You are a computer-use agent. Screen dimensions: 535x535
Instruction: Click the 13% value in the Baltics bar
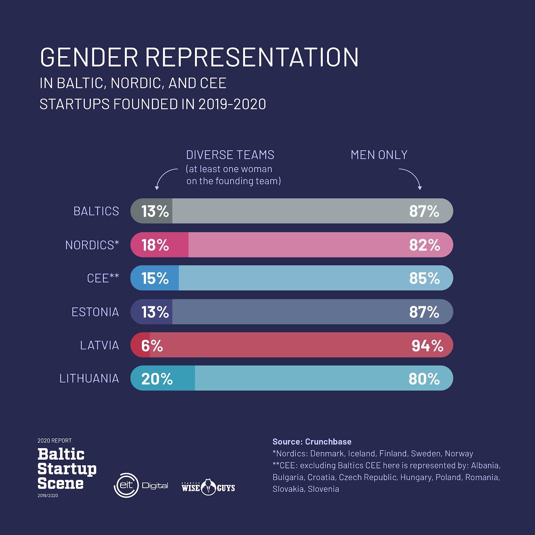[x=155, y=211]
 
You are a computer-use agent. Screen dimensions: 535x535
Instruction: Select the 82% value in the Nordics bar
[x=424, y=245]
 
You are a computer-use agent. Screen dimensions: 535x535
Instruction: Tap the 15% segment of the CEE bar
[x=155, y=278]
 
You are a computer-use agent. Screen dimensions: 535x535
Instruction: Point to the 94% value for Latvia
[x=427, y=346]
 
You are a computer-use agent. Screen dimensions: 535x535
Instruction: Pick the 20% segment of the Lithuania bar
[x=162, y=379]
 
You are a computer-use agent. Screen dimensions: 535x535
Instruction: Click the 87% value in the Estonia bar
[x=424, y=312]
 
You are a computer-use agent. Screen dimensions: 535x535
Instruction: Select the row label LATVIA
[x=99, y=345]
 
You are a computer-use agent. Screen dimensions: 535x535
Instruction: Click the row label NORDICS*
[x=92, y=245]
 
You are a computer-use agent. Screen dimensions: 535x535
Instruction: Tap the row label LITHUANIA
[x=89, y=379]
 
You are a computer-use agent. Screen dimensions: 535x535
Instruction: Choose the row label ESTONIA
[x=95, y=312]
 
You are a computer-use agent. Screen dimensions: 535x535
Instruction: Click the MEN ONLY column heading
[x=379, y=155]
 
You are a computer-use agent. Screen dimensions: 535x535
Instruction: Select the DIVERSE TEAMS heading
[x=230, y=155]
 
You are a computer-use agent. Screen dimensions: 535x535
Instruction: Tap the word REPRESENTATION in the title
[x=252, y=57]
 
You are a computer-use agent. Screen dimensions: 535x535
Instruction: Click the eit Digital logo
[x=141, y=486]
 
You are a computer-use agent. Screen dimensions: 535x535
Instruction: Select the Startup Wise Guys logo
[x=208, y=487]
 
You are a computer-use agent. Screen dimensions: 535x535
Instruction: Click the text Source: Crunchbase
[x=312, y=442]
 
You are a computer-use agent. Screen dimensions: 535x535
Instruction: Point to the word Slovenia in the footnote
[x=323, y=489]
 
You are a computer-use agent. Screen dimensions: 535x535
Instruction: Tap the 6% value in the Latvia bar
[x=152, y=346]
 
